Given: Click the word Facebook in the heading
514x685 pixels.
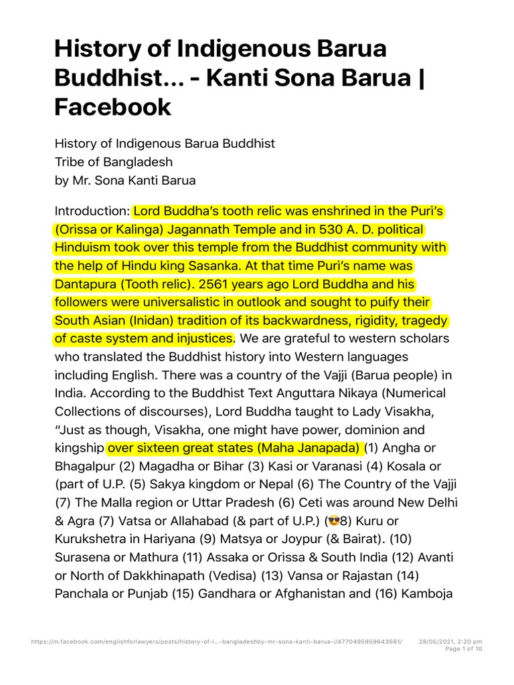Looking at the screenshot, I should pos(113,106).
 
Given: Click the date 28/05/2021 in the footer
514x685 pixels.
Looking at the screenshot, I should pos(438,642).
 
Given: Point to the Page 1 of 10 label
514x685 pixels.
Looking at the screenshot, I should pos(463,649).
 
